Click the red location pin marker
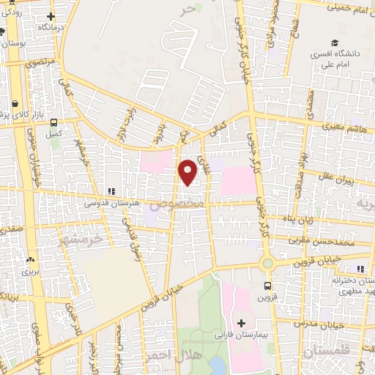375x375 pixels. (188, 172)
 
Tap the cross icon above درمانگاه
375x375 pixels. (51, 17)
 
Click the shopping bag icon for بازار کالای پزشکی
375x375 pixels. (16, 103)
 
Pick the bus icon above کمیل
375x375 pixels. (53, 123)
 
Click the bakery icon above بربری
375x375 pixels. (30, 259)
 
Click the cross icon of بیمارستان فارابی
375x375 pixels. (241, 322)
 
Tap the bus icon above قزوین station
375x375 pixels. (266, 286)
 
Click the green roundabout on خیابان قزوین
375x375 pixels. (267, 264)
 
